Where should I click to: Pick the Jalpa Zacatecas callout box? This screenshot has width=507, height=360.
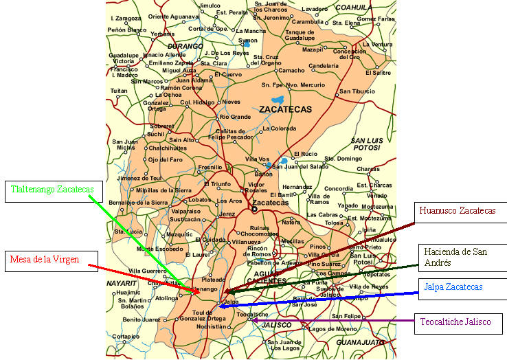tap(461, 287)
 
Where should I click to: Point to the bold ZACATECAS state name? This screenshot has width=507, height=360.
tap(285, 109)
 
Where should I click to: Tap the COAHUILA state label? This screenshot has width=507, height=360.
tap(353, 8)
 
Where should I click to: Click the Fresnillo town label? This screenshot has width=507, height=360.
tap(210, 168)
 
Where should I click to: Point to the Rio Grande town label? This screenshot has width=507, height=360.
tap(236, 117)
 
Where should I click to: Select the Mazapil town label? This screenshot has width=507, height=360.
tap(313, 49)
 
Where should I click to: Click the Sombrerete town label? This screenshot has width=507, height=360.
tap(162, 126)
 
